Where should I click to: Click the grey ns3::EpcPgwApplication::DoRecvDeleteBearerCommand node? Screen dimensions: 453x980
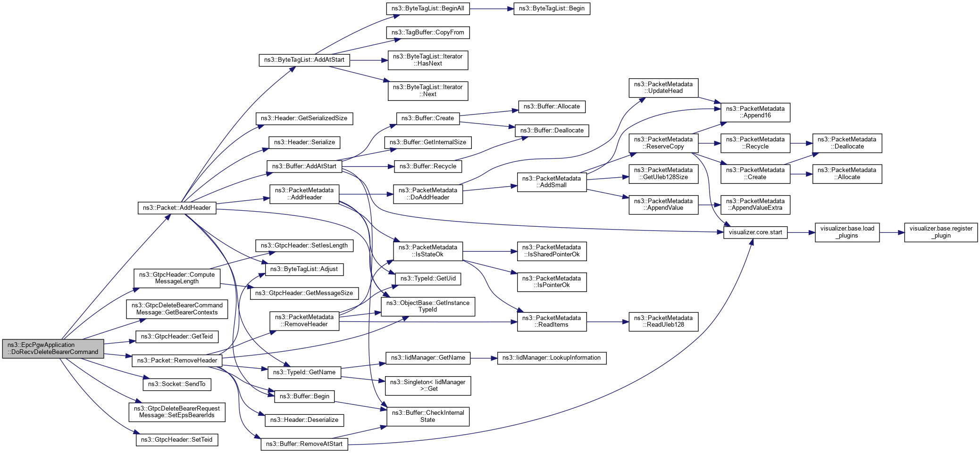(53, 348)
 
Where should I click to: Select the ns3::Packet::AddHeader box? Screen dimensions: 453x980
(177, 208)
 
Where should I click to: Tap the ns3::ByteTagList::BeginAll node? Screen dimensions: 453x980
(427, 8)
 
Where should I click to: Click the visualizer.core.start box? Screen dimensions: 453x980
(755, 232)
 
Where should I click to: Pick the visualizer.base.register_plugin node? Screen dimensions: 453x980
(940, 232)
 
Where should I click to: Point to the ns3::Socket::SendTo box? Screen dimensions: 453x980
(176, 384)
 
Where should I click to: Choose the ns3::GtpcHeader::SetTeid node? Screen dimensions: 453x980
(176, 440)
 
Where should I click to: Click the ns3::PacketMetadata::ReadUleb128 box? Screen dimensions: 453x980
(663, 321)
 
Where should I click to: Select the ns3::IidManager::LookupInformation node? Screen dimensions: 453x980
(551, 358)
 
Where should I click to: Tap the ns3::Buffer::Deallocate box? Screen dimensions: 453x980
(552, 131)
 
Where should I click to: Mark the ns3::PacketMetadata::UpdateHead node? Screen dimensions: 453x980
(663, 88)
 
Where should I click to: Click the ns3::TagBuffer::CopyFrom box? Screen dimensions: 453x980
(427, 33)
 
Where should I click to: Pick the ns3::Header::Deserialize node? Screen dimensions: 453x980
(304, 420)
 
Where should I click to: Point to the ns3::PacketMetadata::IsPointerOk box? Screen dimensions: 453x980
(552, 282)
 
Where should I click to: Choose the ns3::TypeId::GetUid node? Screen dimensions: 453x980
(427, 279)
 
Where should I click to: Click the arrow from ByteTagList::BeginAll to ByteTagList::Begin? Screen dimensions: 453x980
(491, 8)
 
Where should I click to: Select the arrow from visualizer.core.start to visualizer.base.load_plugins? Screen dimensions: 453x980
(801, 232)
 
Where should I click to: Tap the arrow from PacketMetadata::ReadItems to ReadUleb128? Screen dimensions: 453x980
(607, 322)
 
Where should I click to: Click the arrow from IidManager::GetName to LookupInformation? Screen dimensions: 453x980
(484, 358)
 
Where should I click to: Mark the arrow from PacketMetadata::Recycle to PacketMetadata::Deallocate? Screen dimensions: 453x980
(801, 143)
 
